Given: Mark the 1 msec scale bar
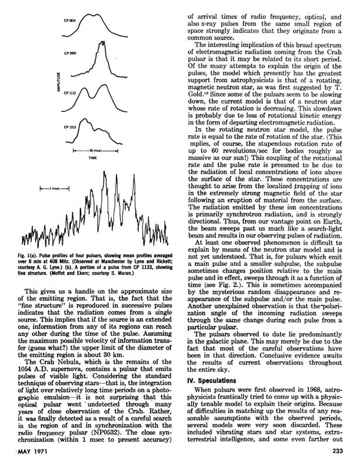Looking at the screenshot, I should tap(55, 188).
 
